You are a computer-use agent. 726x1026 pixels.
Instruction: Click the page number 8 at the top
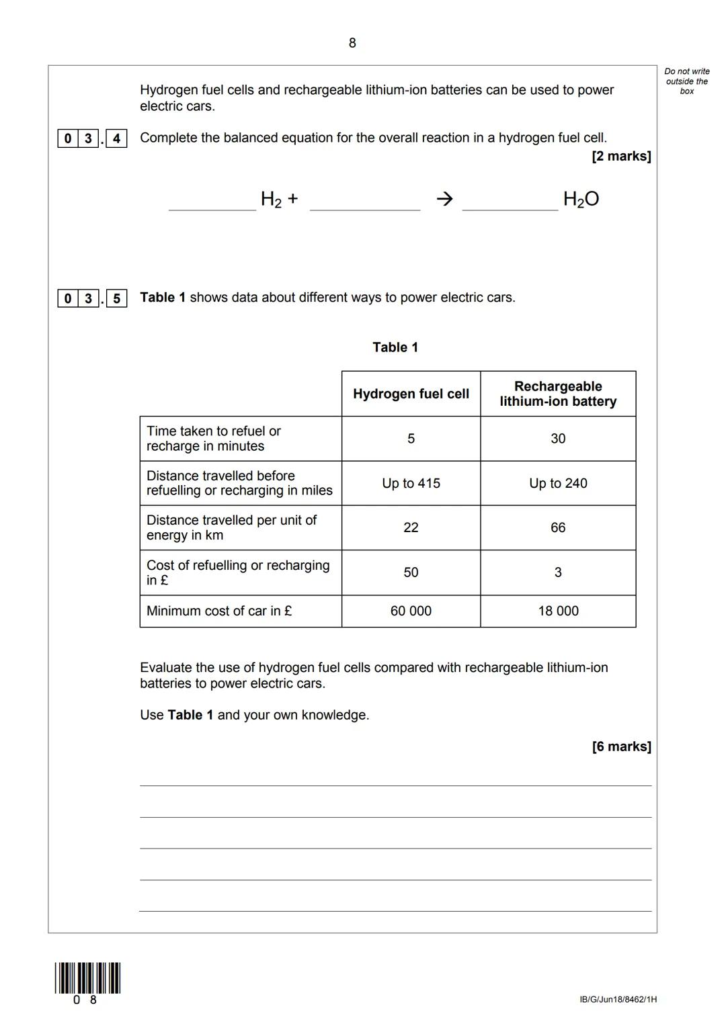pyautogui.click(x=352, y=43)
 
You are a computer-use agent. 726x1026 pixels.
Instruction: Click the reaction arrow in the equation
pyautogui.click(x=444, y=198)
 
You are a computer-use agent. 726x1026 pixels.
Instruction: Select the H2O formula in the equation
pyautogui.click(x=581, y=199)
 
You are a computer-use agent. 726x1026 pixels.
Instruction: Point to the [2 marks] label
pyautogui.click(x=621, y=156)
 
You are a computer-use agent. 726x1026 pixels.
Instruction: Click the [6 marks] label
pyautogui.click(x=621, y=746)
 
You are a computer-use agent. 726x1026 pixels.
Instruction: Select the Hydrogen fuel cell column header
pyautogui.click(x=411, y=394)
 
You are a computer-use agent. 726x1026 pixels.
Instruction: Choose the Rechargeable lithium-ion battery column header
pyautogui.click(x=558, y=394)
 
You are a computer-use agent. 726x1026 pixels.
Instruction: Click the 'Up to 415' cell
pyautogui.click(x=411, y=483)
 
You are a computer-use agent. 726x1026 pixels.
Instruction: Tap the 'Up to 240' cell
pyautogui.click(x=558, y=483)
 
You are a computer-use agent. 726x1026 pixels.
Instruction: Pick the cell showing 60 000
pyautogui.click(x=411, y=611)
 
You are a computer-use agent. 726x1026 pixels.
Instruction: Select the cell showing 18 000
pyautogui.click(x=558, y=611)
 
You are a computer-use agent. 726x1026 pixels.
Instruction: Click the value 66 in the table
pyautogui.click(x=558, y=527)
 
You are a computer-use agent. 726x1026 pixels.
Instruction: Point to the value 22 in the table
pyautogui.click(x=411, y=527)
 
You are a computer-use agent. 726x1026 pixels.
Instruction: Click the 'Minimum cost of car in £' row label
pyautogui.click(x=219, y=611)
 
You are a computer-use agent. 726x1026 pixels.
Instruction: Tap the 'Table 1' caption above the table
pyautogui.click(x=395, y=347)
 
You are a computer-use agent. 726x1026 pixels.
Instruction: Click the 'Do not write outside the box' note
pyautogui.click(x=686, y=81)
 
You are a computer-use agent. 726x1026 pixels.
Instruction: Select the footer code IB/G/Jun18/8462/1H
pyautogui.click(x=618, y=1000)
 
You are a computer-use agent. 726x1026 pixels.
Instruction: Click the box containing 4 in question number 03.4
pyautogui.click(x=116, y=138)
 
